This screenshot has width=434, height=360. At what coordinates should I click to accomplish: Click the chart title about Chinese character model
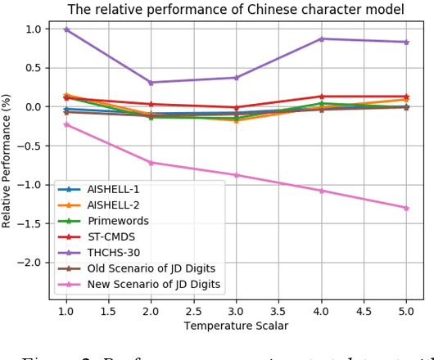(235, 10)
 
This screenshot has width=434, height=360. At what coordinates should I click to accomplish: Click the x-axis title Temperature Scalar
(236, 326)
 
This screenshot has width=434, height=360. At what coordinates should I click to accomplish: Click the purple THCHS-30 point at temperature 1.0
(66, 29)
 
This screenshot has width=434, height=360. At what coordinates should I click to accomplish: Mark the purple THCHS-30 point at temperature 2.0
(151, 83)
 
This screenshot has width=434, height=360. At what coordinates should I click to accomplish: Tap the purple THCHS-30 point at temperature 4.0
(321, 38)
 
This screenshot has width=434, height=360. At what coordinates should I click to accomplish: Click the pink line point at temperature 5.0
(406, 208)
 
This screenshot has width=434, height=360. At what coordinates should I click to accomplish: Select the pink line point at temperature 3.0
(237, 175)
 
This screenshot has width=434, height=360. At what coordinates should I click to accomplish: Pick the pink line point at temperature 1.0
(66, 124)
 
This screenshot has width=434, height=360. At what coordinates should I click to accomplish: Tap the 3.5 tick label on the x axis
(278, 311)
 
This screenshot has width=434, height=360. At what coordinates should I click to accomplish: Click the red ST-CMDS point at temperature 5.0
(406, 97)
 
